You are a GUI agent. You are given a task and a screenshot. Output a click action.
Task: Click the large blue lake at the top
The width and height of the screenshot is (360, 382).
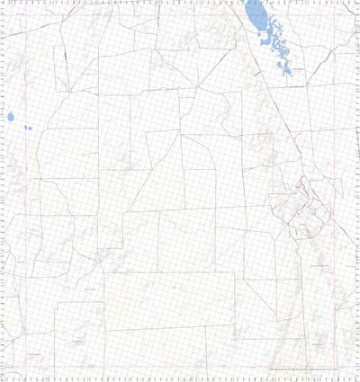(x=256, y=15)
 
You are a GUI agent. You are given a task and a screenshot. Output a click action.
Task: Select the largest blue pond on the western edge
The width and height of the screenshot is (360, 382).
(x=12, y=118)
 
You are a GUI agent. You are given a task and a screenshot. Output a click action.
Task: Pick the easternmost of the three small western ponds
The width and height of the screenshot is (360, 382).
(x=30, y=127)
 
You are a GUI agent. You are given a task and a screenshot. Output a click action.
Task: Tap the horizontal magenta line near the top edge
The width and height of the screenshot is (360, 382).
(x=180, y=16)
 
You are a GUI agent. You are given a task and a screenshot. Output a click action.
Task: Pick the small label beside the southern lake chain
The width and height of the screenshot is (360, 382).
(x=298, y=68)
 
